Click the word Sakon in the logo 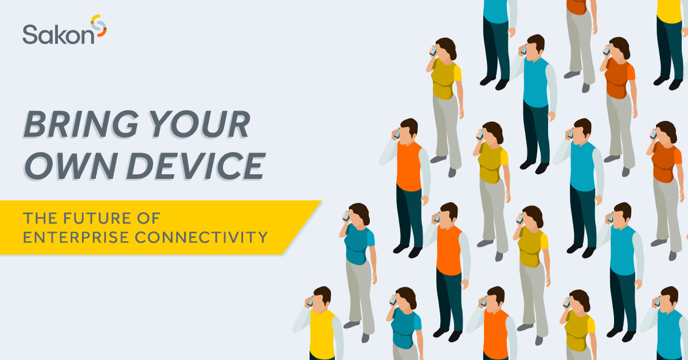[57, 35]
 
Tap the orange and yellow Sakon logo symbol [99, 28]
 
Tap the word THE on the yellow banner [37, 218]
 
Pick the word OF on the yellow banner [150, 218]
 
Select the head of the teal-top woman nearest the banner [359, 215]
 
